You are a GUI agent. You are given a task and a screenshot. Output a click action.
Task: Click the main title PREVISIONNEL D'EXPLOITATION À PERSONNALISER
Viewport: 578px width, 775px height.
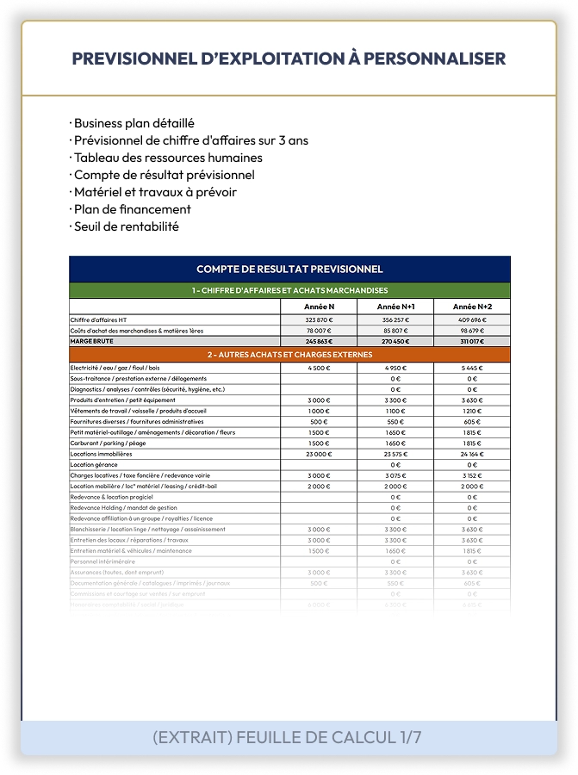289,59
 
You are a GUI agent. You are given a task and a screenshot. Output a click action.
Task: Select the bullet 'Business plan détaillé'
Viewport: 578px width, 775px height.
134,123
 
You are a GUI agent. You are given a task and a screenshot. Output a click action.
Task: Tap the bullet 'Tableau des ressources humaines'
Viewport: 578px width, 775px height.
168,158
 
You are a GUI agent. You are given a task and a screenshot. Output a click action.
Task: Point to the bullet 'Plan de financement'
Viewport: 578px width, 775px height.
132,209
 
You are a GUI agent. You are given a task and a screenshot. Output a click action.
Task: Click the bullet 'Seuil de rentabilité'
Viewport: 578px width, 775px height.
126,226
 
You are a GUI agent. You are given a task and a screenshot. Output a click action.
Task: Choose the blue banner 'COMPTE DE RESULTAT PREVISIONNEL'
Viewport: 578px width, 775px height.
289,269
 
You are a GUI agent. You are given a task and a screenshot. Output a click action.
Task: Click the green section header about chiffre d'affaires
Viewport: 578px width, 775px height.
289,290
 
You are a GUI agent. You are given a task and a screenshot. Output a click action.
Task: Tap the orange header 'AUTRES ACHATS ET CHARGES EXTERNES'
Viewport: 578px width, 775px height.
289,355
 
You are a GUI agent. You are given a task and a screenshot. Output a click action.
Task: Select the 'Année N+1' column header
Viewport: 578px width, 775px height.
396,307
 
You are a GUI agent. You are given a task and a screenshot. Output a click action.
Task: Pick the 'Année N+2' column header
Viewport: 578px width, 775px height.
472,307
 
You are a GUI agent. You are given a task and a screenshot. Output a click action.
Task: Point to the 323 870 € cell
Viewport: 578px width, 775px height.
319,320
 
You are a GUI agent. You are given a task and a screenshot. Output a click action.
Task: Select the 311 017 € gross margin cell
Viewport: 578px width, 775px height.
472,341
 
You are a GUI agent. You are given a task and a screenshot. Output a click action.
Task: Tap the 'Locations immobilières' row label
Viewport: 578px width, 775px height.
101,454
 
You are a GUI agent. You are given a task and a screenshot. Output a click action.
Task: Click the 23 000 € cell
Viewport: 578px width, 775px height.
319,454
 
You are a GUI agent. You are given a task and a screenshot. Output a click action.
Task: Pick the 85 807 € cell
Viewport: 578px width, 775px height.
396,331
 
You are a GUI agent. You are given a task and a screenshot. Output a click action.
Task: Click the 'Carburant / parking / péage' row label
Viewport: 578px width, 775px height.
109,443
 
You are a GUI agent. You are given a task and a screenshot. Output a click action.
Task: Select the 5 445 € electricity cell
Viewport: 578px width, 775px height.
472,368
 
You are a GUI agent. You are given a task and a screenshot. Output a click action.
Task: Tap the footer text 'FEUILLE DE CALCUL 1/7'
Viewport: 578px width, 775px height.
337,738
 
